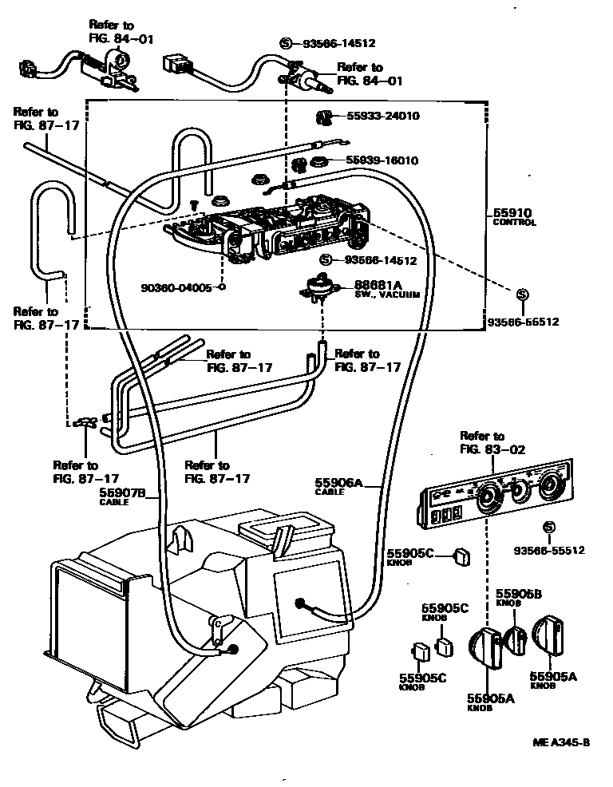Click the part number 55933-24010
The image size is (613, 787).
[x=382, y=116]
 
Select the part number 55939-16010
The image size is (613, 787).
[x=382, y=160]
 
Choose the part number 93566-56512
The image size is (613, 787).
[x=523, y=322]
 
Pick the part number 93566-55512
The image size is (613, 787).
[x=549, y=550]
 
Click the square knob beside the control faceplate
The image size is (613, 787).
[x=461, y=556]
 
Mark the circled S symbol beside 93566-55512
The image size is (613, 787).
[x=548, y=527]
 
